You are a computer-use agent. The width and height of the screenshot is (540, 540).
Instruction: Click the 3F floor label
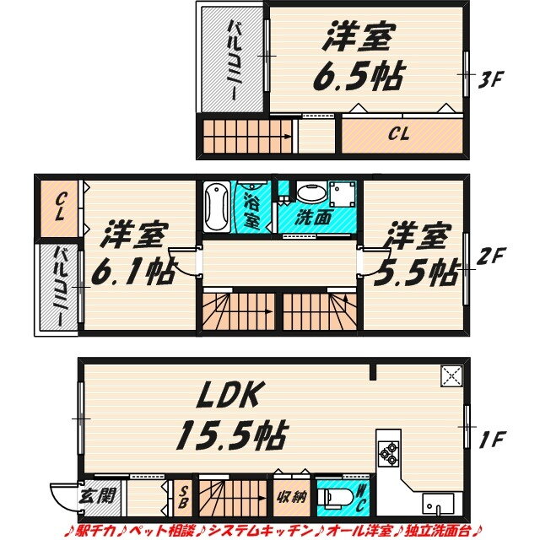pyautogui.click(x=491, y=79)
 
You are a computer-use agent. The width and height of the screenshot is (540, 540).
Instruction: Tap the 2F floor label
pyautogui.click(x=490, y=256)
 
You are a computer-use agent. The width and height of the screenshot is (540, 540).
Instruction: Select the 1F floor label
pyautogui.click(x=493, y=440)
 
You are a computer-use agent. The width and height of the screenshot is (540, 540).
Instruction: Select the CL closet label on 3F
pyautogui.click(x=398, y=133)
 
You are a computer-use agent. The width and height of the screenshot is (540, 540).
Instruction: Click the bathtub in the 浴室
pyautogui.click(x=217, y=206)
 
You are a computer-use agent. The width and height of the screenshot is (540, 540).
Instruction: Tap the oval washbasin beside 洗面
pyautogui.click(x=310, y=193)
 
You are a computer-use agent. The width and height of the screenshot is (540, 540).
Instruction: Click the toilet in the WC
pyautogui.click(x=335, y=497)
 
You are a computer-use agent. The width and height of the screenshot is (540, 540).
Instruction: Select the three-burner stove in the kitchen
pyautogui.click(x=388, y=454)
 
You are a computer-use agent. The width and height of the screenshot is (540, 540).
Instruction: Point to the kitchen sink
pyautogui.click(x=437, y=504)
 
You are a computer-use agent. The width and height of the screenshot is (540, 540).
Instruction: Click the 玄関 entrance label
pyautogui.click(x=97, y=497)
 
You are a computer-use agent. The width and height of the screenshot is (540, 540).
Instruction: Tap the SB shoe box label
pyautogui.click(x=183, y=497)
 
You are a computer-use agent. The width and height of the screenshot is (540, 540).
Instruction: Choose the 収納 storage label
pyautogui.click(x=292, y=497)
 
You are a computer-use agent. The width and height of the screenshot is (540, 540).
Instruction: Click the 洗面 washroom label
pyautogui.click(x=313, y=218)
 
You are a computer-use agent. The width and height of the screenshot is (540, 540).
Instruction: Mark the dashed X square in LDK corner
pyautogui.click(x=451, y=376)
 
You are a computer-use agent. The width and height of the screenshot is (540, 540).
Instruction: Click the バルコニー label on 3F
pyautogui.click(x=235, y=61)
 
